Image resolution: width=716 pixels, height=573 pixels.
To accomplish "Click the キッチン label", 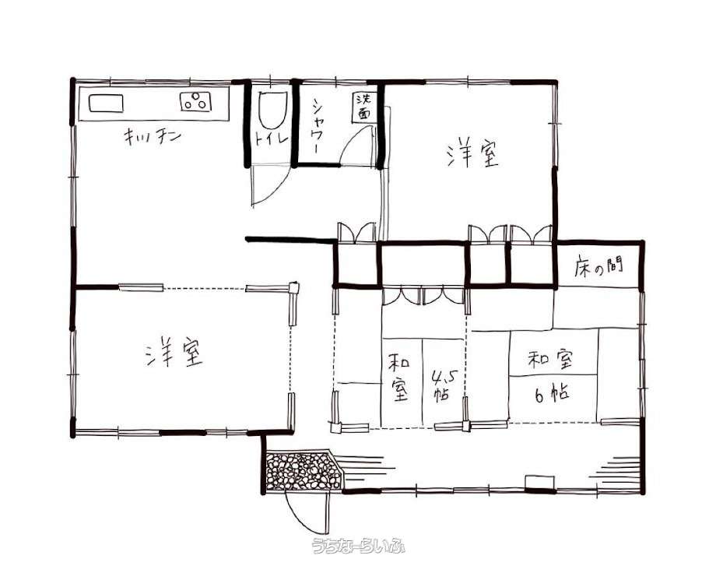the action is (153, 136).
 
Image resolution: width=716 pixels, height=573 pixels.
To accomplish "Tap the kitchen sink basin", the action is (106, 103).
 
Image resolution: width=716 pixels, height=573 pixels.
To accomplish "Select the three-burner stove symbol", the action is (196, 101).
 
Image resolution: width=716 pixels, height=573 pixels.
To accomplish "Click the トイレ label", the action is (272, 139).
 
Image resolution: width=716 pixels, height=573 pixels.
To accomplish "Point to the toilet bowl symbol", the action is (272, 110).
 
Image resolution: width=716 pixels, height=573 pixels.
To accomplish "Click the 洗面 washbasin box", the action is (364, 108).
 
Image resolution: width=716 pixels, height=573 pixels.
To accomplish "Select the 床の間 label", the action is (599, 267).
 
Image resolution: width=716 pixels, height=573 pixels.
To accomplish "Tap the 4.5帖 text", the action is (441, 385).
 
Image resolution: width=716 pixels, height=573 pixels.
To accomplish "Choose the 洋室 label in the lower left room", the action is (174, 352).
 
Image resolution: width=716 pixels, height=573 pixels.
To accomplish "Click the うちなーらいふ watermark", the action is (358, 546).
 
